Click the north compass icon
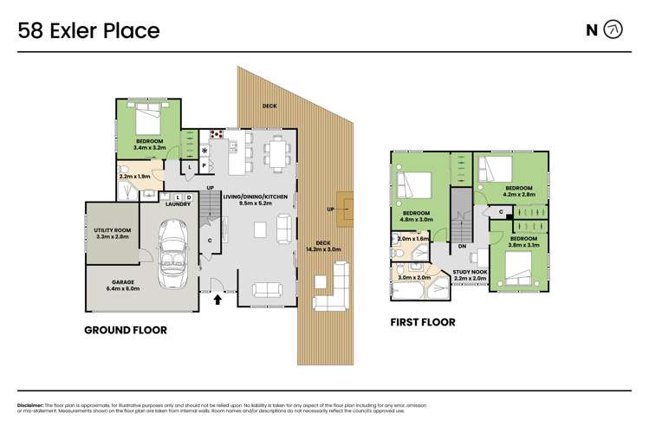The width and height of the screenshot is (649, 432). click(613, 30)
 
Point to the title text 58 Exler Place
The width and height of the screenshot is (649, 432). click(88, 31)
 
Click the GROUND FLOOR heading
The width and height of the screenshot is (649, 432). click(125, 330)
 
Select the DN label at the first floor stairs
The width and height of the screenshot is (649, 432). click(463, 246)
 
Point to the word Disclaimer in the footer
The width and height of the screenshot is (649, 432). click(32, 405)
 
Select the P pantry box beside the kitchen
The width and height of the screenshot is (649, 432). click(204, 165)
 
